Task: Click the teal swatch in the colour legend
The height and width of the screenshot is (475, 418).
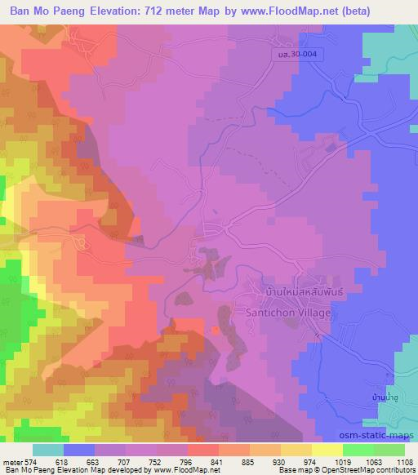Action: click(47, 449)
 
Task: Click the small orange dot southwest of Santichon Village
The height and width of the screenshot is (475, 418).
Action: click(215, 330)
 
